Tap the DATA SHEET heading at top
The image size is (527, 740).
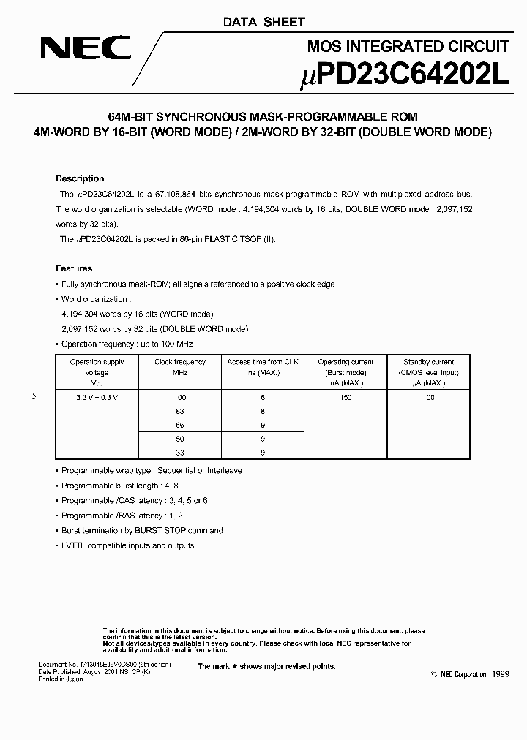(x=263, y=23)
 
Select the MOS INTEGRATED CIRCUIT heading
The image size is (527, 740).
(x=407, y=47)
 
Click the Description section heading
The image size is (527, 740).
(x=80, y=178)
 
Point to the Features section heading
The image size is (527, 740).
(x=74, y=268)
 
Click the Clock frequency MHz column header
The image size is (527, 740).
(x=180, y=367)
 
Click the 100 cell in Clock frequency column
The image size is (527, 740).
(x=180, y=397)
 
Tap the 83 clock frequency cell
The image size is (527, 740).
(x=180, y=411)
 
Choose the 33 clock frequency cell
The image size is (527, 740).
(x=180, y=453)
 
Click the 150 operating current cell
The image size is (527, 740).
(x=345, y=397)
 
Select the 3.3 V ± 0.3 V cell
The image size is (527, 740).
(x=97, y=397)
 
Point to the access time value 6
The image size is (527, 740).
(x=262, y=397)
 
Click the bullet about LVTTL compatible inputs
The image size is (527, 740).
(x=127, y=545)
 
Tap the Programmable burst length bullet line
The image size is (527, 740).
(x=120, y=486)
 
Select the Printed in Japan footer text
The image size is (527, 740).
(x=61, y=679)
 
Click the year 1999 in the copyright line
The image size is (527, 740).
(x=500, y=674)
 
